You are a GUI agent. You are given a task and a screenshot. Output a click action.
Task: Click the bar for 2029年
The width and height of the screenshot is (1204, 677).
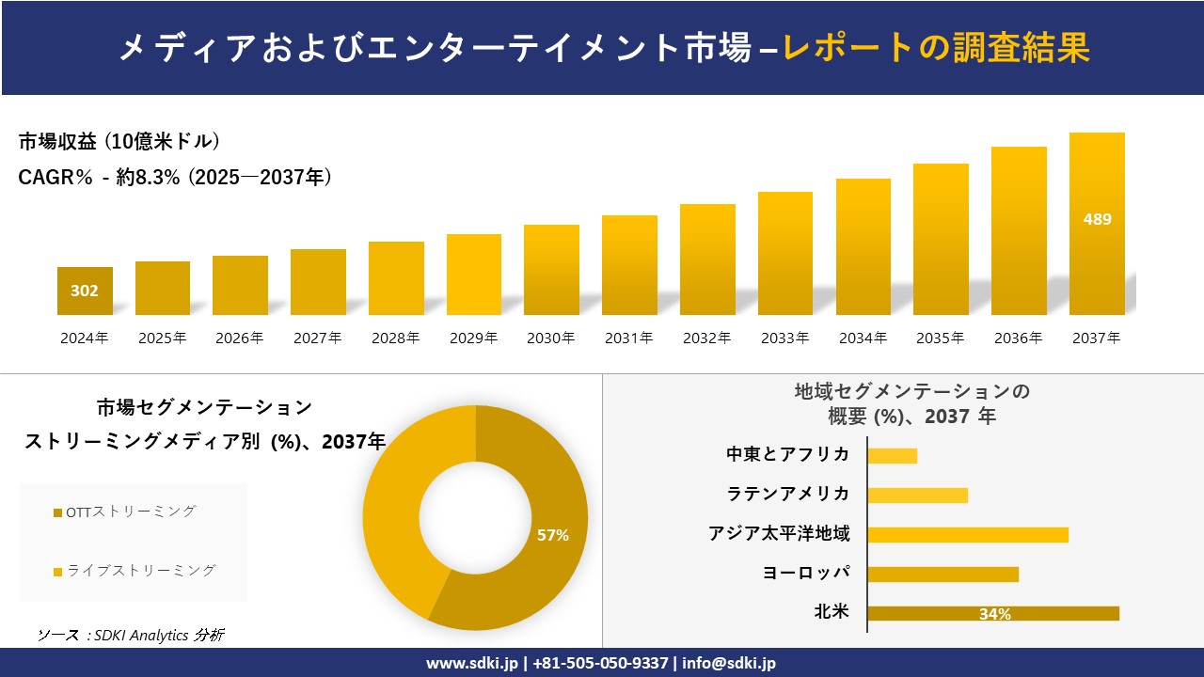click(474, 275)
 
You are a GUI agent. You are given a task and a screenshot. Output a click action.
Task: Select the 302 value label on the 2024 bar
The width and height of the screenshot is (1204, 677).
click(85, 291)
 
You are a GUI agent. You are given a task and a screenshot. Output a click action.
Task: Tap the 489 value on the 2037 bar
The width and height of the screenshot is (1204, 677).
click(1097, 219)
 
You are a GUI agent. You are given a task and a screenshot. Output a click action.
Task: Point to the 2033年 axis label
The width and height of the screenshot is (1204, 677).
click(784, 338)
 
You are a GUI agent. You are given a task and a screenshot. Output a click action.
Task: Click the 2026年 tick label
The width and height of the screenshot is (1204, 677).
click(240, 338)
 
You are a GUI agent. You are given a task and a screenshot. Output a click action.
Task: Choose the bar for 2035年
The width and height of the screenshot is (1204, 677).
click(941, 240)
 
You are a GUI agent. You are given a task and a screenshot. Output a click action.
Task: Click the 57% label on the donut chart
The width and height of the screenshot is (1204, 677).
click(553, 535)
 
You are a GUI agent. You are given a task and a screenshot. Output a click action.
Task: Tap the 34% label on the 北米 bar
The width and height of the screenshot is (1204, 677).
click(994, 614)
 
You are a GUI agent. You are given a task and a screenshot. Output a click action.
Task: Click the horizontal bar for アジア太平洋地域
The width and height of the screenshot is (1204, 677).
click(968, 535)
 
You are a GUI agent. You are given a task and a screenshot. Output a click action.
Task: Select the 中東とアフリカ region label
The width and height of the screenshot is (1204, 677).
click(788, 454)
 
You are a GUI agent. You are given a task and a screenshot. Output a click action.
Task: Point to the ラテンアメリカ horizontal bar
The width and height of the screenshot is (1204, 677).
click(917, 495)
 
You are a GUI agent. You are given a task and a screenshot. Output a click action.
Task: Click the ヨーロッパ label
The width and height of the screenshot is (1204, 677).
click(806, 573)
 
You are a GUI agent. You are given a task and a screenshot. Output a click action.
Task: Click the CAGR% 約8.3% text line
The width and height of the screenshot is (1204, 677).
click(175, 177)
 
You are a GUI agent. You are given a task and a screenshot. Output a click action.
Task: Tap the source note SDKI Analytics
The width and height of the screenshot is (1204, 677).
click(131, 635)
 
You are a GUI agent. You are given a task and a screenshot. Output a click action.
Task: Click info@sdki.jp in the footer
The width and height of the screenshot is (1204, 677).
click(731, 663)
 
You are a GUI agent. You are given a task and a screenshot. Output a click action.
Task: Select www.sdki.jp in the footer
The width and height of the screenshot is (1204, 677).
click(471, 663)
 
